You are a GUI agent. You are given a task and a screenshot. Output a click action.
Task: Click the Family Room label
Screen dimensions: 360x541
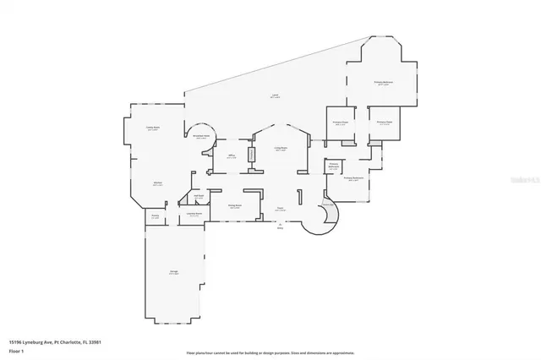153,128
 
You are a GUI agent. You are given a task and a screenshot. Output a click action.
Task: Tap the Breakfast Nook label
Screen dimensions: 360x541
201,137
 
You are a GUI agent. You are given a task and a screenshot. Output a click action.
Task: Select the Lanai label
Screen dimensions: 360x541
275,97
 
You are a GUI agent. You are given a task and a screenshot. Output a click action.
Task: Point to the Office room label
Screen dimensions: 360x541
231,156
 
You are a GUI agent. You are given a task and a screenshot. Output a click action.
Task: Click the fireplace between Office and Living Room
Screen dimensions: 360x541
250,156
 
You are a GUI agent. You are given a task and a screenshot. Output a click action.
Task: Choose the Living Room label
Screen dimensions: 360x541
280,150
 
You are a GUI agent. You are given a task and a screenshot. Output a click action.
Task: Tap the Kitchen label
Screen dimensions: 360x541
157,183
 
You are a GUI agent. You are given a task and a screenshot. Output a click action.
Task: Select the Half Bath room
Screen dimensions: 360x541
199,199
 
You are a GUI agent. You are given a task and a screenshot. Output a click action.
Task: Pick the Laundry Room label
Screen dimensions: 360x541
194,215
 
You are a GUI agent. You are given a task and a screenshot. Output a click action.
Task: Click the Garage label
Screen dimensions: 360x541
173,272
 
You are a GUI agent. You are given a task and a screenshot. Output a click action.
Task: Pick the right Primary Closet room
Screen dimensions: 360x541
383,123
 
